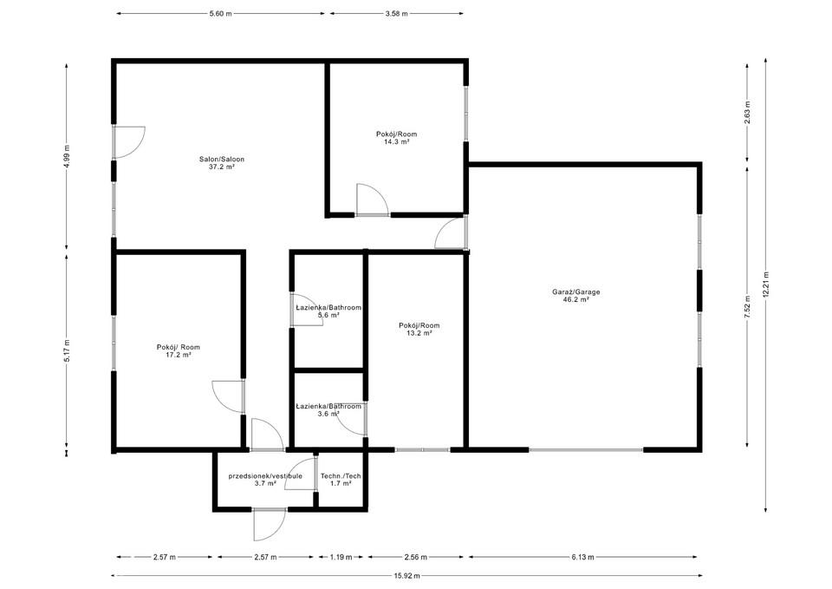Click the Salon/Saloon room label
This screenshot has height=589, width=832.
click(x=222, y=160)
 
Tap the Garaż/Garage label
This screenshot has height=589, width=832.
click(x=576, y=292)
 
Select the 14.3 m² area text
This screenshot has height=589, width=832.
click(x=396, y=141)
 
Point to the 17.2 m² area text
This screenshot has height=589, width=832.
click(x=179, y=355)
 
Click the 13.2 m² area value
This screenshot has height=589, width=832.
click(x=419, y=333)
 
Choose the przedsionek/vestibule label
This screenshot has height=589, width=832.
click(x=265, y=476)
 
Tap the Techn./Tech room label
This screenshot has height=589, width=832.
click(x=341, y=476)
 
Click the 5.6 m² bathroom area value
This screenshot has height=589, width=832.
click(x=328, y=315)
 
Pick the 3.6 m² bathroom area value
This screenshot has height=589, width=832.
click(x=328, y=414)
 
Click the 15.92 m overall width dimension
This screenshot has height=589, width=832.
click(x=407, y=575)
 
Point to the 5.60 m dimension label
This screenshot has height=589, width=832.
click(x=221, y=14)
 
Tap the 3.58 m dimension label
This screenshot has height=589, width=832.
click(x=396, y=14)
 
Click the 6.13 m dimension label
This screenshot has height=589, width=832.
click(x=582, y=557)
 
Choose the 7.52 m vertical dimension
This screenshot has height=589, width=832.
click(x=747, y=307)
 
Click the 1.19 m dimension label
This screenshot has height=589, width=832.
click(x=341, y=557)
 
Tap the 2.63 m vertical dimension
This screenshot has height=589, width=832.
click(x=747, y=113)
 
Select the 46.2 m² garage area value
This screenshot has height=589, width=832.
click(x=576, y=299)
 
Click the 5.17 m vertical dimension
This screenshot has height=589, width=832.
click(x=67, y=350)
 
